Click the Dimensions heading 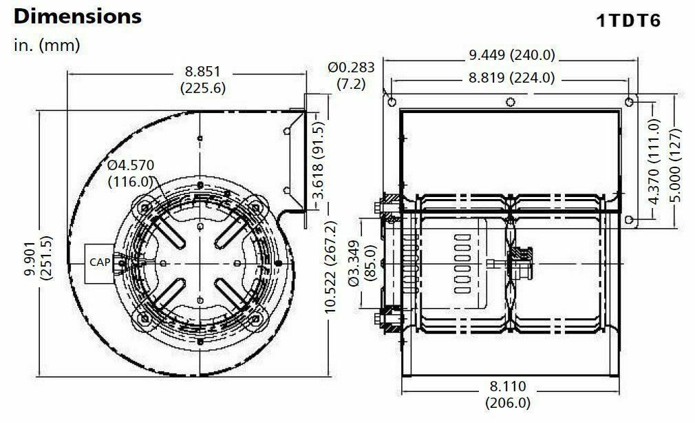tap(78, 17)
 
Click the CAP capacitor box tap(100, 262)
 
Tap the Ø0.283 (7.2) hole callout tap(351, 75)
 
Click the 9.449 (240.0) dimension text tap(511, 55)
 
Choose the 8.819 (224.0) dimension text tap(511, 78)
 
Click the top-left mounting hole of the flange tap(392, 102)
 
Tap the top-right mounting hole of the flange tap(630, 102)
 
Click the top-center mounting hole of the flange tap(510, 103)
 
